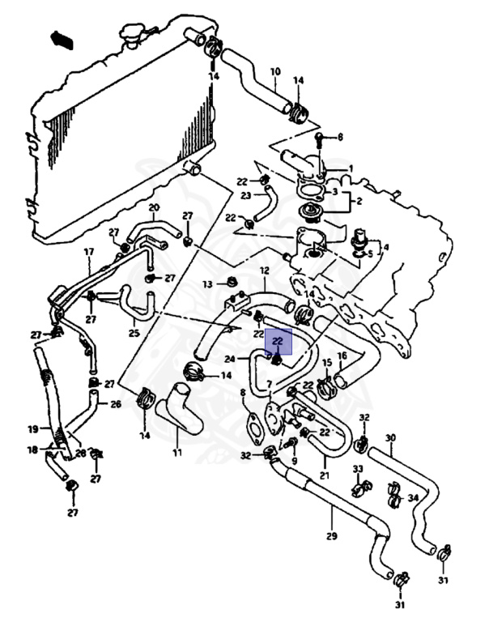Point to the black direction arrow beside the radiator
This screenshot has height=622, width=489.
pyautogui.click(x=61, y=39)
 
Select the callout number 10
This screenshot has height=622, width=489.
pyautogui.click(x=275, y=71)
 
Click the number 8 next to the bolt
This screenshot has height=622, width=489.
pyautogui.click(x=340, y=137)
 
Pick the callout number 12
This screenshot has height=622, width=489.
pyautogui.click(x=264, y=270)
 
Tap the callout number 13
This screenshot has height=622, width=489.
pyautogui.click(x=207, y=284)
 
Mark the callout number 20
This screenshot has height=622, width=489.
pyautogui.click(x=154, y=208)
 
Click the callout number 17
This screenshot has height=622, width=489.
pyautogui.click(x=89, y=252)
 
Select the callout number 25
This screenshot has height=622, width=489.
pyautogui.click(x=134, y=332)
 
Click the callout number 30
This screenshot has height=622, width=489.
pyautogui.click(x=390, y=438)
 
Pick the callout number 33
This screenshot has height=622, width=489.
pyautogui.click(x=357, y=469)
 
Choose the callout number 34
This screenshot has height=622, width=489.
pyautogui.click(x=413, y=497)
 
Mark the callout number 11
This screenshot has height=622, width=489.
pyautogui.click(x=176, y=452)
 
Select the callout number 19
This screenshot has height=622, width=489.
pyautogui.click(x=33, y=429)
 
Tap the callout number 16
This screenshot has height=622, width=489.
pyautogui.click(x=342, y=356)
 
